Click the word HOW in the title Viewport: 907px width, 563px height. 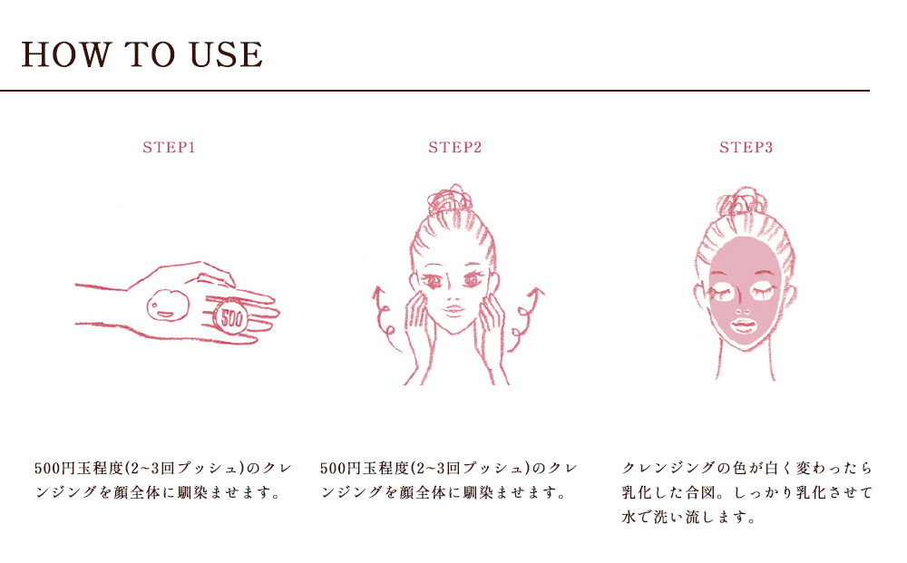click(x=65, y=54)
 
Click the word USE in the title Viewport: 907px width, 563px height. click(x=226, y=54)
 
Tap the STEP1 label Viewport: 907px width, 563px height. click(x=169, y=148)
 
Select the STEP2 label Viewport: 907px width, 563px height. click(x=454, y=148)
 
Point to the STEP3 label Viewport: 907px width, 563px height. click(x=746, y=148)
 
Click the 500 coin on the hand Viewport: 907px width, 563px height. click(x=230, y=317)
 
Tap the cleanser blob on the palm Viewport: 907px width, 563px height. click(x=167, y=306)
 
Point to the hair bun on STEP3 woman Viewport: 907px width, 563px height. click(x=742, y=201)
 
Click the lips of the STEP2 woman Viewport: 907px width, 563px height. click(x=453, y=310)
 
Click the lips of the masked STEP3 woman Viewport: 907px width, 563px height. click(x=743, y=325)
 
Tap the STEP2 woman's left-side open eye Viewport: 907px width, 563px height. click(x=431, y=281)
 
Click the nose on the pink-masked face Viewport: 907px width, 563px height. click(x=743, y=309)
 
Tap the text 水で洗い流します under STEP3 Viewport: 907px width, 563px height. click(x=688, y=517)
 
